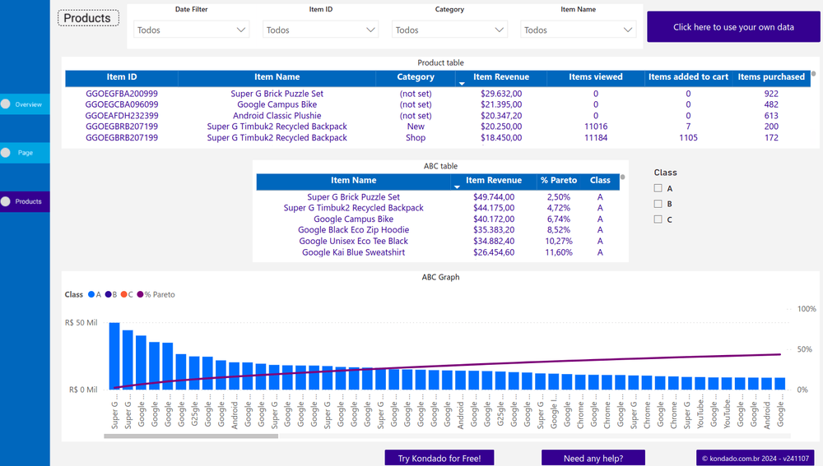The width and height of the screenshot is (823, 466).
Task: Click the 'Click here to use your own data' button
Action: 733,27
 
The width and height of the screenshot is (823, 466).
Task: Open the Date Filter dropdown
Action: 192,30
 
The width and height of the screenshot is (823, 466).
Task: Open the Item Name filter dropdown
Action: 578,30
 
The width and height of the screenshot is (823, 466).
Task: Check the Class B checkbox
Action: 658,204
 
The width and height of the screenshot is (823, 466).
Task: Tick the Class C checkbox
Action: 658,219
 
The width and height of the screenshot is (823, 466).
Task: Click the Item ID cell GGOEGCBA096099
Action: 122,105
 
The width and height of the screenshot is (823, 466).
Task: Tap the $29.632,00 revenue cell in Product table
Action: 501,94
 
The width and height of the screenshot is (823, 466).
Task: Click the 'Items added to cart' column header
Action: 688,77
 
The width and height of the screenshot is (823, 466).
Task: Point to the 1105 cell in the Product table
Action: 688,138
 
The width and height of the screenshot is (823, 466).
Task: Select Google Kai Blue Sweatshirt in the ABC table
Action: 353,252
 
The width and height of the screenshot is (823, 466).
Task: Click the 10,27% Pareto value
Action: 558,242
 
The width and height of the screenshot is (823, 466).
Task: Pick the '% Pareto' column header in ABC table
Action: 558,181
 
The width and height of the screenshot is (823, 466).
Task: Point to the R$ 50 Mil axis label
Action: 81,323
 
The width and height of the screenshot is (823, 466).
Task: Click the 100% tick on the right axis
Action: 807,309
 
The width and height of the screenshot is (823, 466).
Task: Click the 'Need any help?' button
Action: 593,458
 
